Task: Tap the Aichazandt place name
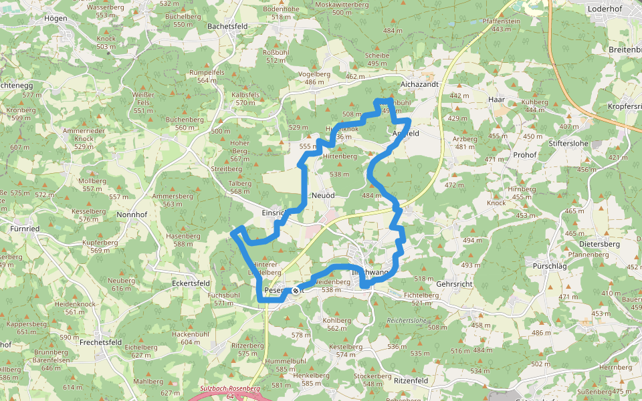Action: [x=419, y=84]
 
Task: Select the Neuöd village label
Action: [x=323, y=195]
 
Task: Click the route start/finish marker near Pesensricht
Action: [x=295, y=291]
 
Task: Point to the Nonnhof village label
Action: [x=132, y=215]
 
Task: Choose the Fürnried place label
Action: [x=25, y=228]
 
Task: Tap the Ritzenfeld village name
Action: [x=411, y=380]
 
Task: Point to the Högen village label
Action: [x=55, y=18]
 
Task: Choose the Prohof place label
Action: [x=525, y=154]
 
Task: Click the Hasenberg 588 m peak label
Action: [x=183, y=240]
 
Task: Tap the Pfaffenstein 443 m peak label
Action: [x=501, y=25]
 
